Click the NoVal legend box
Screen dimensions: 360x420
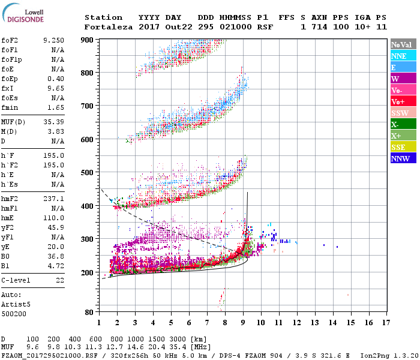tap(403, 44)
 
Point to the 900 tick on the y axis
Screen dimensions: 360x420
tap(88, 40)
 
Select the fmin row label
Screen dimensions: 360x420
tap(10, 107)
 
